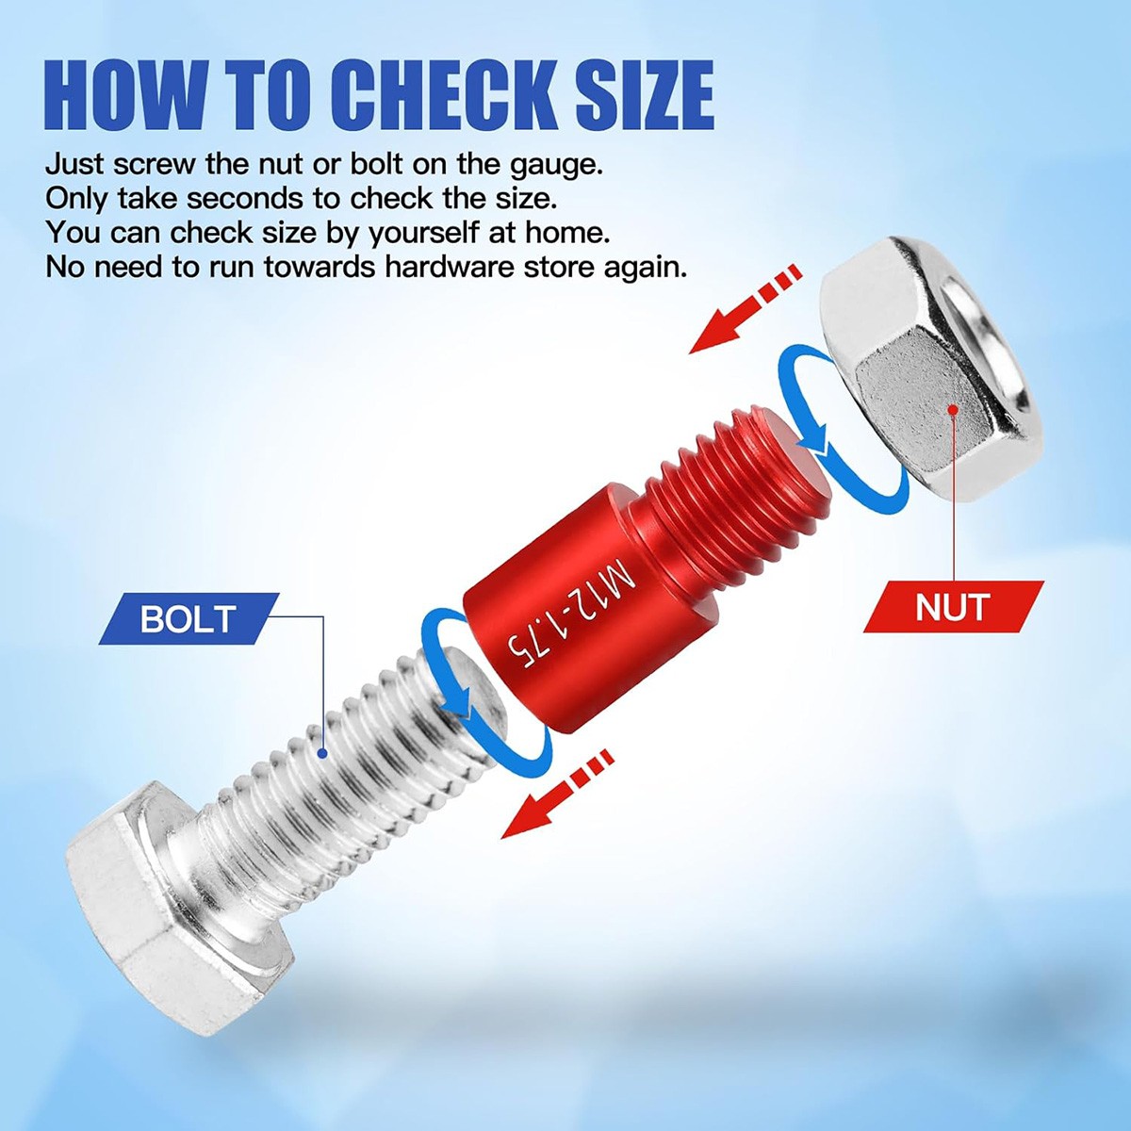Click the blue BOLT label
tap(188, 619)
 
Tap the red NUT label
tap(952, 607)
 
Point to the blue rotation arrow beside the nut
tap(801, 415)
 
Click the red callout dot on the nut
tap(953, 410)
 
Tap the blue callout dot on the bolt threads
tap(322, 752)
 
